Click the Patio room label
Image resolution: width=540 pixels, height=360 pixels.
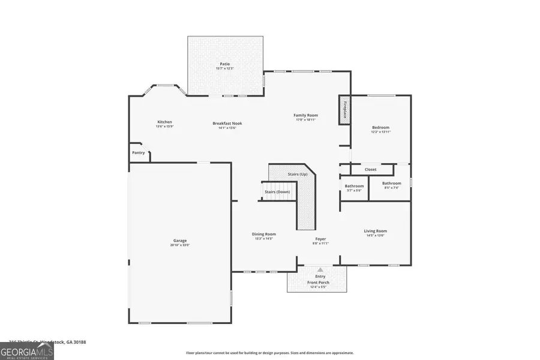(x=224, y=64)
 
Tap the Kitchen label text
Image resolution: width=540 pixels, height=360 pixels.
(x=164, y=122)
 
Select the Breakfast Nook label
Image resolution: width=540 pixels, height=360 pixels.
(x=227, y=123)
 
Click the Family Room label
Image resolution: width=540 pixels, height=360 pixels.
(x=305, y=115)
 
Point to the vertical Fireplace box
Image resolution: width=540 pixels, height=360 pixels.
(x=345, y=110)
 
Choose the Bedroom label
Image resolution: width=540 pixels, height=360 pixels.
(x=380, y=127)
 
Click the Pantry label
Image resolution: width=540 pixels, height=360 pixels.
(x=139, y=152)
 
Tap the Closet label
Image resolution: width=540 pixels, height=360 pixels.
(x=370, y=169)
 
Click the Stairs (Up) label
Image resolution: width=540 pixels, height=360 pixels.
(x=298, y=174)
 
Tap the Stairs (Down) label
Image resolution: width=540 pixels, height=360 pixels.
(x=277, y=192)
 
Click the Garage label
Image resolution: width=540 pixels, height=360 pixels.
(x=180, y=241)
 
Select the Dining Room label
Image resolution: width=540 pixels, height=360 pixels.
(x=263, y=234)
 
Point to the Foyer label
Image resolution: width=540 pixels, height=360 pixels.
(x=320, y=239)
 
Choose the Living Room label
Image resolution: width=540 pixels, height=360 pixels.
(x=375, y=231)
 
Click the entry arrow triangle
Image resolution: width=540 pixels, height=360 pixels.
(x=320, y=270)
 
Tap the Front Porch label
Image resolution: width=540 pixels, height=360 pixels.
(x=319, y=282)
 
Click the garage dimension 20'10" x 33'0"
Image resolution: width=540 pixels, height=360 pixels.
(x=180, y=245)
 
